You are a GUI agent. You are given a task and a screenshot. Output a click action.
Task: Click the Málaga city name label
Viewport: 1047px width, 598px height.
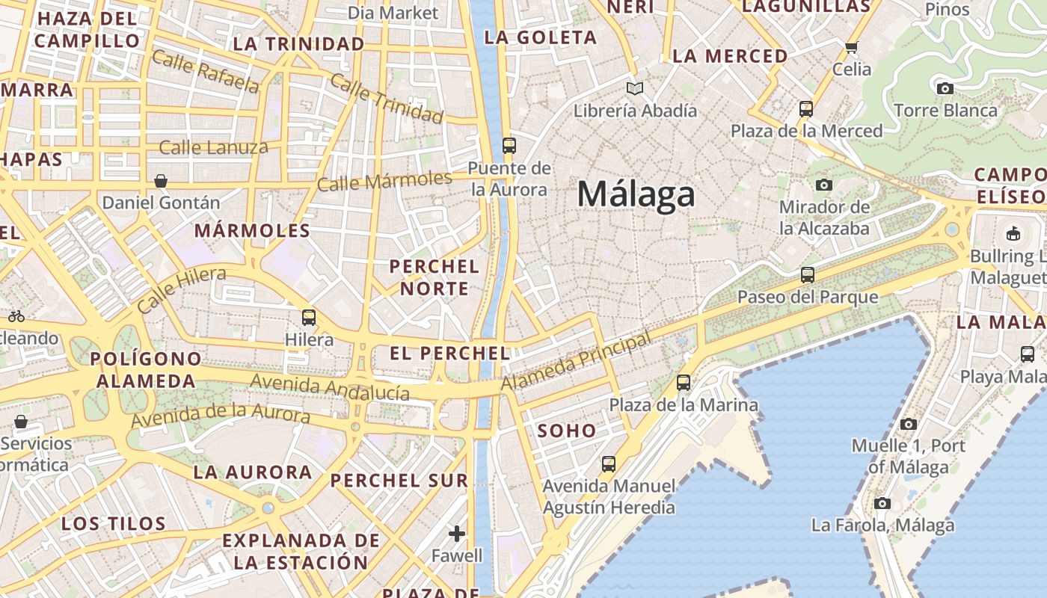coord(636,194)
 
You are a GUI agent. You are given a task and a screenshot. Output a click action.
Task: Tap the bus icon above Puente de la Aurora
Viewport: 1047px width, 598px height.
coord(509,145)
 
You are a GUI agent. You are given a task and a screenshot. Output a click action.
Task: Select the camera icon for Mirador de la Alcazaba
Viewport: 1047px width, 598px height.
coord(824,185)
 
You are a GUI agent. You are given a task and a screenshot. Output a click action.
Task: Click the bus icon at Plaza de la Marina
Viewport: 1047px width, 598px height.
coord(683,383)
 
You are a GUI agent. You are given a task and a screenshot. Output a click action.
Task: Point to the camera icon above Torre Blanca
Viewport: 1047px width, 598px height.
coord(945,88)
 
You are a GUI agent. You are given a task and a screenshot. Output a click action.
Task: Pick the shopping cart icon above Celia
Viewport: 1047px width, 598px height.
coord(851,48)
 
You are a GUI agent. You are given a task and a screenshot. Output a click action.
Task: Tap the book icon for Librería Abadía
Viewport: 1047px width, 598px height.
coord(635,89)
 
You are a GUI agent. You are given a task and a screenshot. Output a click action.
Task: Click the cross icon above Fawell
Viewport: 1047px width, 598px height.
coord(457,534)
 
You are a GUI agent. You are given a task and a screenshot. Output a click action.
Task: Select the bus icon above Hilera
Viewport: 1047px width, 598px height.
coord(309,318)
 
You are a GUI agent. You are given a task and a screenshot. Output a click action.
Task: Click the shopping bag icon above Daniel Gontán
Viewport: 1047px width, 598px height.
coord(161,181)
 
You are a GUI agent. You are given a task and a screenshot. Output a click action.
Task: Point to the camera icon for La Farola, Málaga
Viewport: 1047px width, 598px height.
coord(882,503)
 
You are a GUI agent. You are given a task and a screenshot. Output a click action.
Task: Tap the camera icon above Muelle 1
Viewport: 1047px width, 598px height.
coord(908,424)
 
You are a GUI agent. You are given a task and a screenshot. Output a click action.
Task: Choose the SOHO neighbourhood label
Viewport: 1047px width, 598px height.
coord(567,431)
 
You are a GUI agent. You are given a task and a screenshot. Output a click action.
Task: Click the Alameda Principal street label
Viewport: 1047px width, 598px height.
coord(576,362)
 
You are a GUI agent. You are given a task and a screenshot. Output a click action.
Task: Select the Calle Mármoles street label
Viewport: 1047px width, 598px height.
coord(384,181)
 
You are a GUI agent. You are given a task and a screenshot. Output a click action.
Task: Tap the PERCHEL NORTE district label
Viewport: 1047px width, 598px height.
coord(435,277)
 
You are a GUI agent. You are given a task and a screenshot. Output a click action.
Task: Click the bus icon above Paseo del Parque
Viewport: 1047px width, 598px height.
coord(807,275)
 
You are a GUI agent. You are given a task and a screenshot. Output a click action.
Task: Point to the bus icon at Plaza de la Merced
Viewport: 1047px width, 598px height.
coord(805,109)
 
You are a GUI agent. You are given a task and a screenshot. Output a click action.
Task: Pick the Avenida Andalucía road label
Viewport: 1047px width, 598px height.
coord(330,387)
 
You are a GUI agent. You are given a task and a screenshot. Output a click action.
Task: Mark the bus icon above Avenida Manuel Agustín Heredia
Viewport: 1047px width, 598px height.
coord(609,464)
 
